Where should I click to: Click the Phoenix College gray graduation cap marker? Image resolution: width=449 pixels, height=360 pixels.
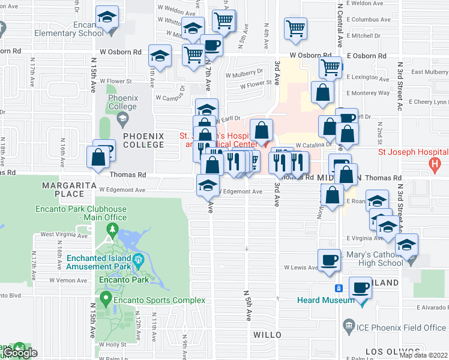click(x=122, y=118)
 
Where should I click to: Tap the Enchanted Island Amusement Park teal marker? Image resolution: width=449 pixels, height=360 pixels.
click(x=139, y=260)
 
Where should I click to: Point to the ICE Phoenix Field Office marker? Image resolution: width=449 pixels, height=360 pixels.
click(x=349, y=327)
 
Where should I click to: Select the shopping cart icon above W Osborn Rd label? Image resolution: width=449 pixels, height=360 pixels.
click(x=295, y=28)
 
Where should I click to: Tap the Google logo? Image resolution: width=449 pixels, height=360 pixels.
click(x=19, y=353)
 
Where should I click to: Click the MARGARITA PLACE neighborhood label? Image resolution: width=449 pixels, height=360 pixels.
click(x=63, y=190)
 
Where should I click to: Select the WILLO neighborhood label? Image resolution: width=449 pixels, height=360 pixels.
click(x=267, y=334)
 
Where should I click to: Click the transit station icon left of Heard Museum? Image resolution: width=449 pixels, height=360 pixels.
click(x=339, y=288)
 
